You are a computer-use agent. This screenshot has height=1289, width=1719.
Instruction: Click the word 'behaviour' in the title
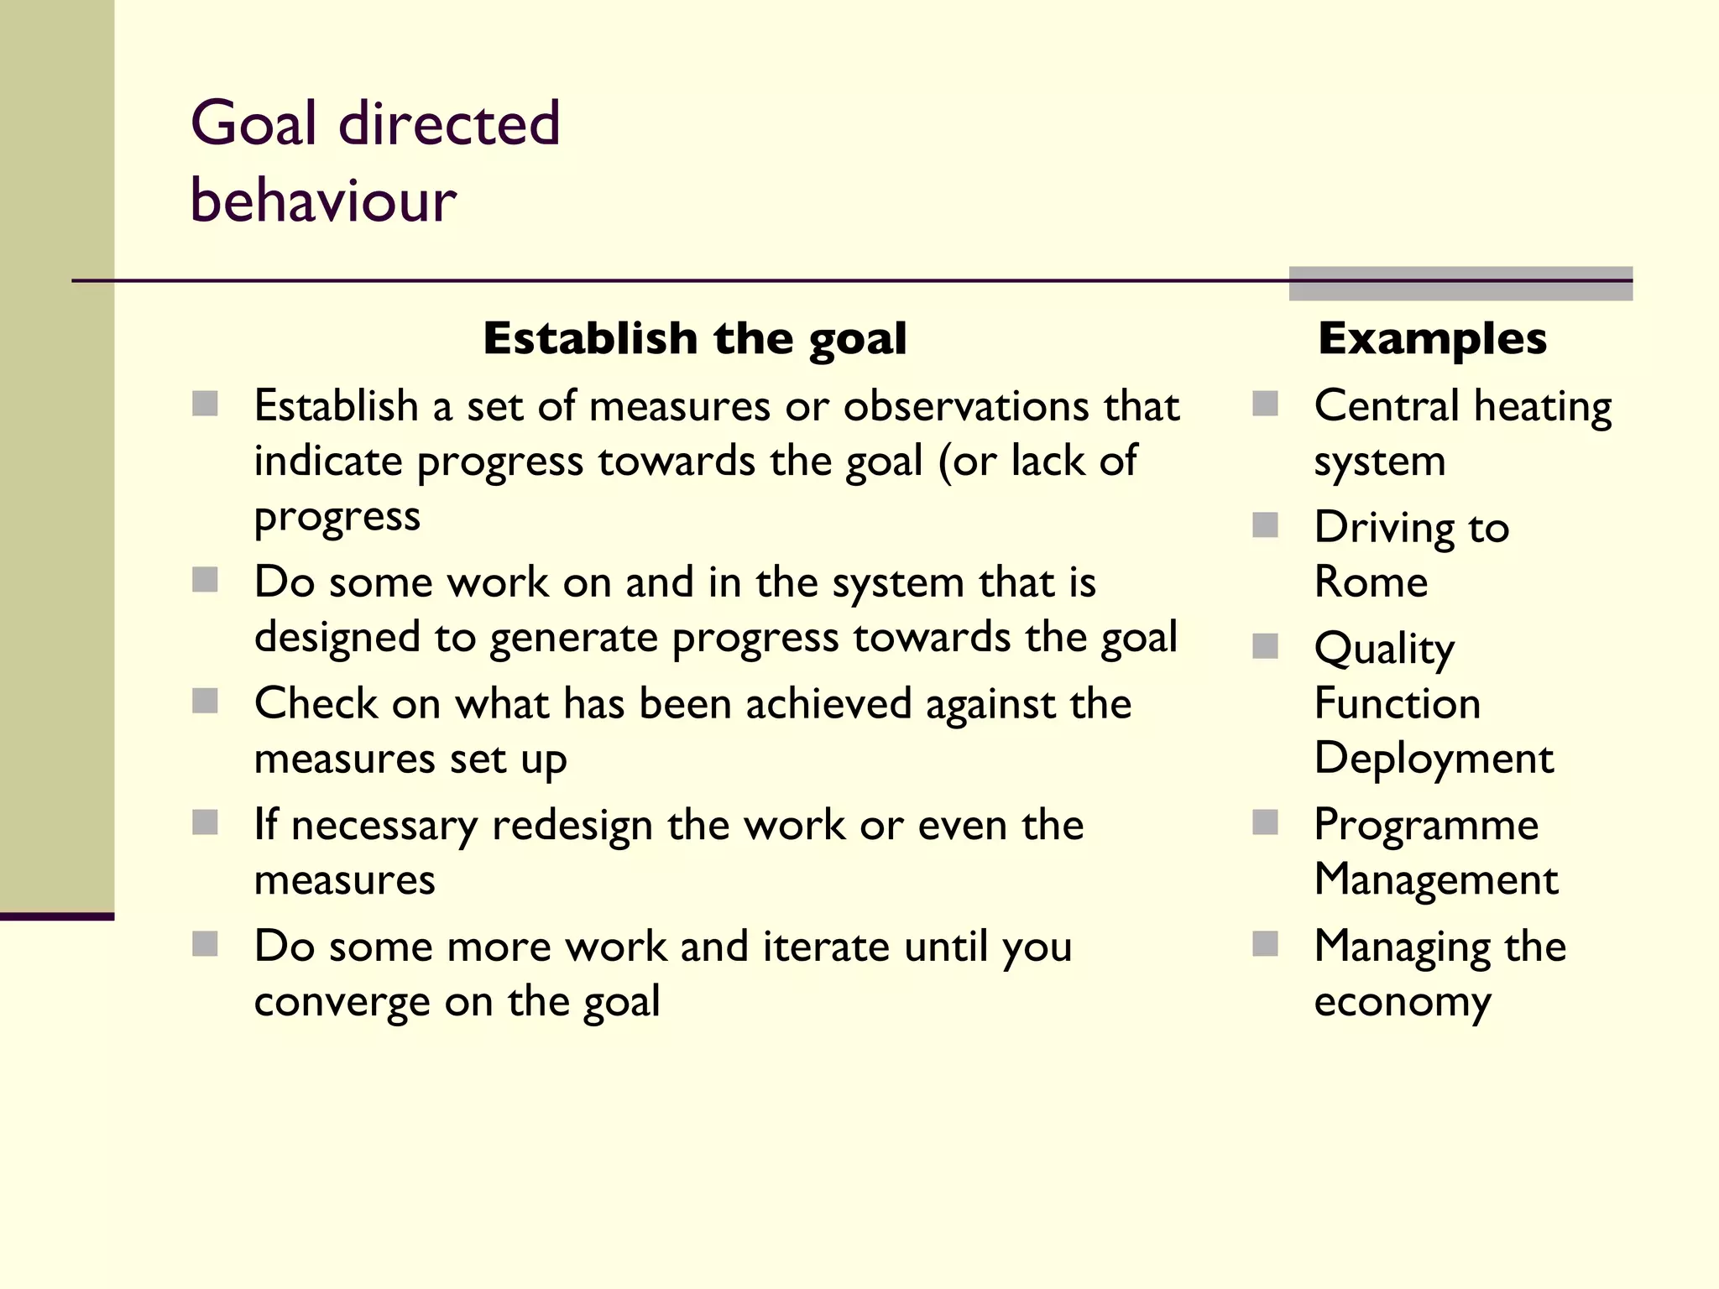[323, 201]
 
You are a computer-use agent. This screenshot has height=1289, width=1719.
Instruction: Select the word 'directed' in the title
[449, 123]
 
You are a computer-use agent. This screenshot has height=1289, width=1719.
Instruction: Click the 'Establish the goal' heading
[695, 338]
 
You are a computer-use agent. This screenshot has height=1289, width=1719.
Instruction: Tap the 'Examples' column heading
[1432, 338]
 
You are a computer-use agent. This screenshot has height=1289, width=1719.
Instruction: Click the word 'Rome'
[1371, 582]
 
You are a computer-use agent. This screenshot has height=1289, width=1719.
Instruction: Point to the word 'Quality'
[1384, 649]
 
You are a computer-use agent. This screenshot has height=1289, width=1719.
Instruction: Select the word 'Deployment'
[1434, 759]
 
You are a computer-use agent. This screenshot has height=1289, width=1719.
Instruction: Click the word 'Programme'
[1426, 824]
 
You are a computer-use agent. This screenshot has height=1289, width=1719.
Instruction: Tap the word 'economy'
[1403, 1002]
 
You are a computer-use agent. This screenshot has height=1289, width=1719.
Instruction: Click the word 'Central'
[1387, 406]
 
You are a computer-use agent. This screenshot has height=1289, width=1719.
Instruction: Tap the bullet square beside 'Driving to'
[1265, 525]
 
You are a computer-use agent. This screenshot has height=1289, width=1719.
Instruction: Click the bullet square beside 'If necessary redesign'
[205, 822]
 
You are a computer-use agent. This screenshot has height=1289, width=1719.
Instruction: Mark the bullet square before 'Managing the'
[1265, 944]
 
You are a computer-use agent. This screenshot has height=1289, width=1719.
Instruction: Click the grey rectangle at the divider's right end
[1460, 283]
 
